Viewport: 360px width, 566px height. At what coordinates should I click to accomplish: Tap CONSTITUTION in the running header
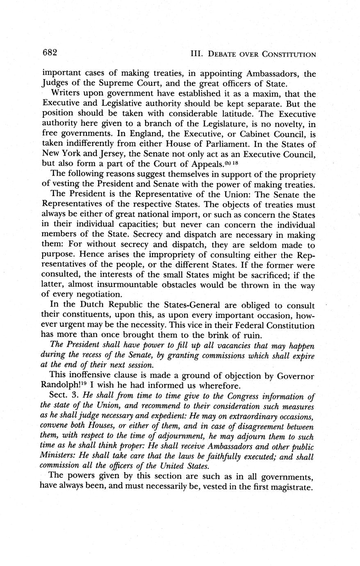click(289, 54)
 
